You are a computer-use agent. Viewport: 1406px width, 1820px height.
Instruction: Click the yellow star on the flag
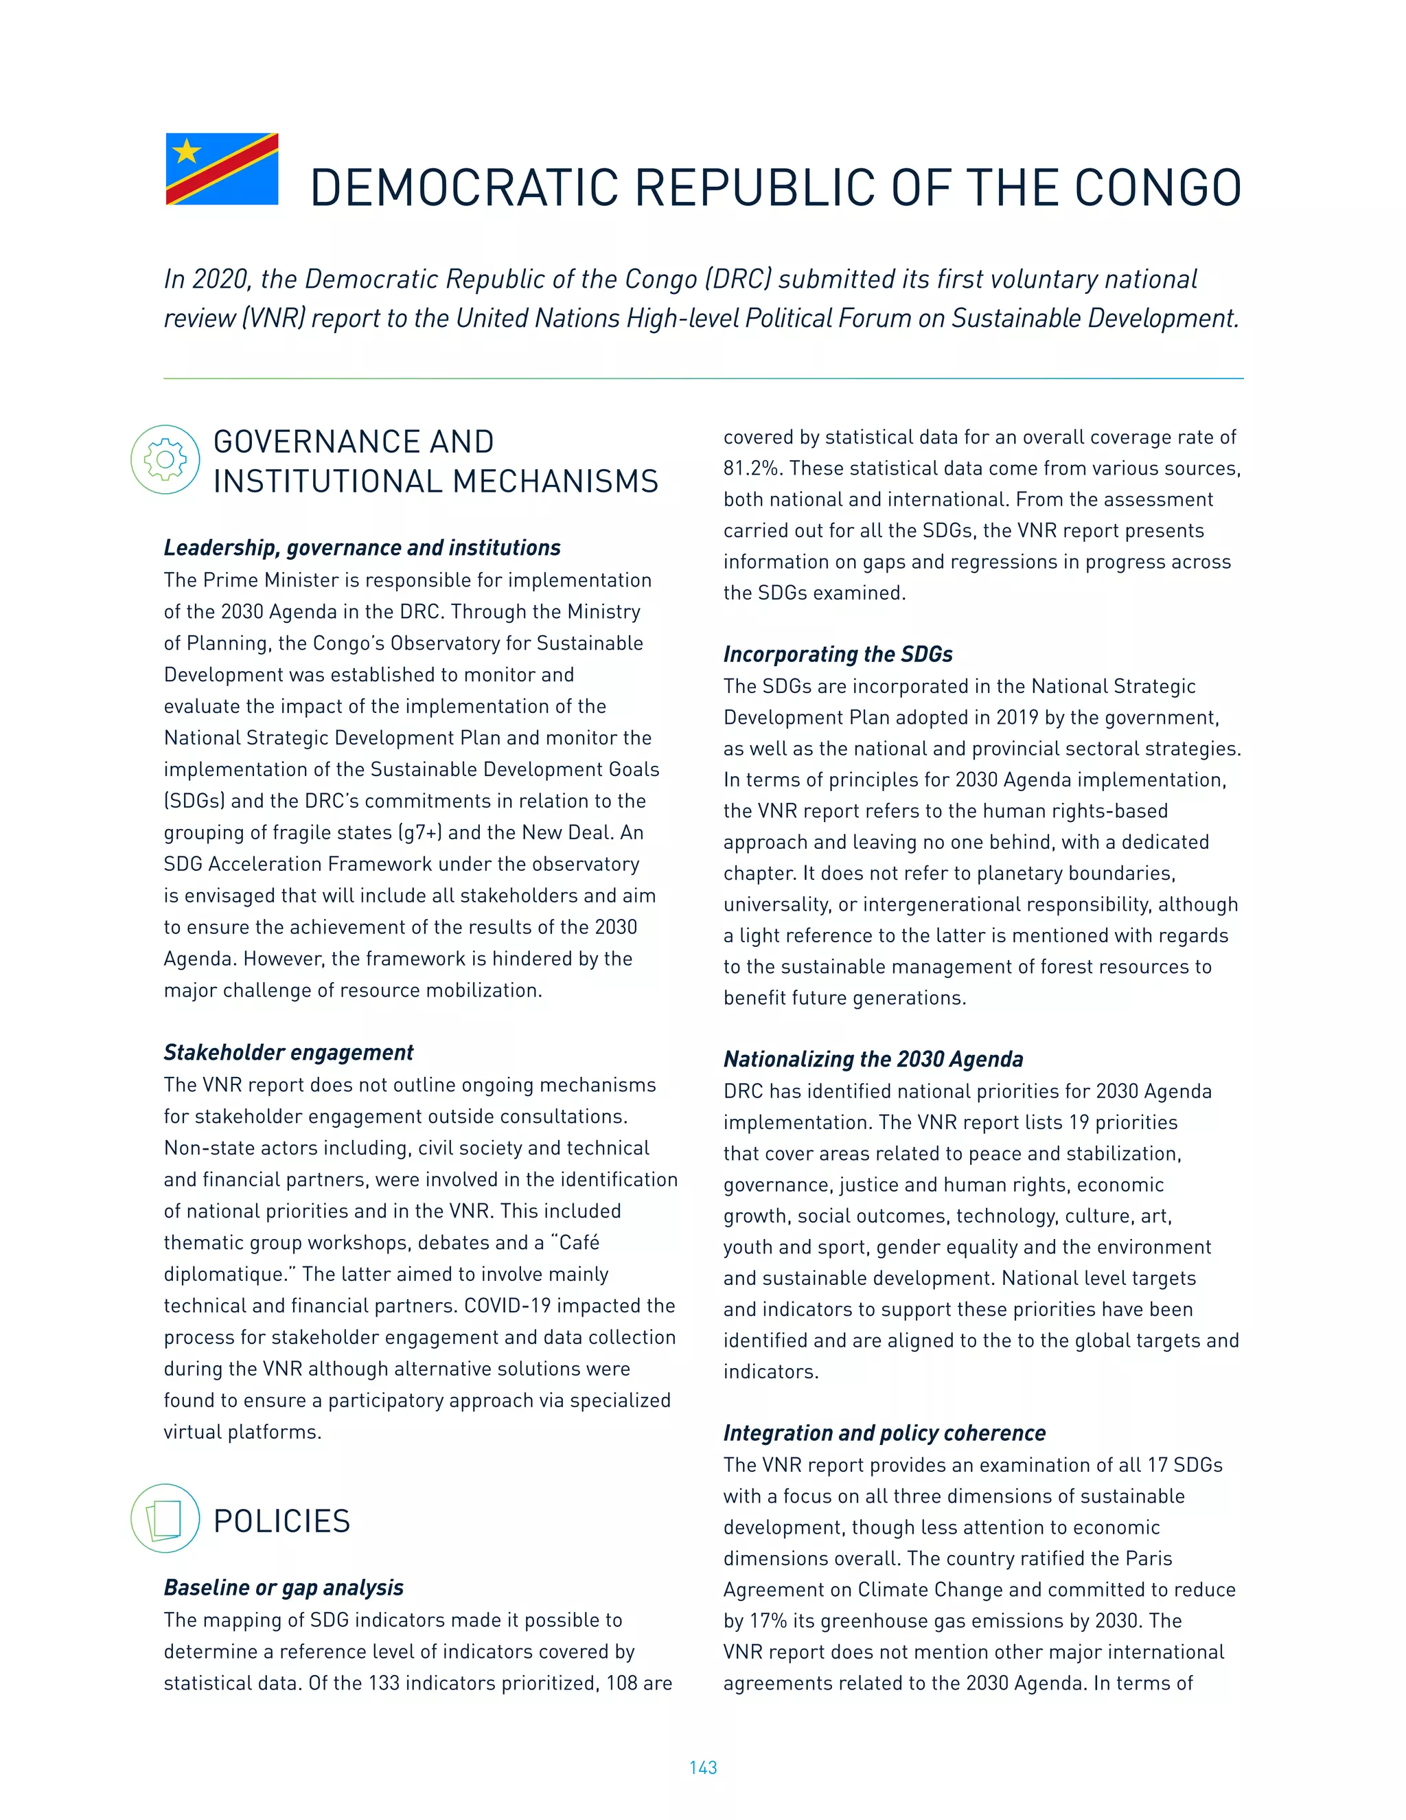(187, 152)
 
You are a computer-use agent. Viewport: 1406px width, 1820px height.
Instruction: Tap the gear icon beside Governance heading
(165, 459)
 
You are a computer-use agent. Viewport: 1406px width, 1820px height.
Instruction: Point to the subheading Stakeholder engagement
(288, 1052)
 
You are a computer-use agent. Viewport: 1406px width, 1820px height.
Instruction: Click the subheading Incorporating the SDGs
(837, 654)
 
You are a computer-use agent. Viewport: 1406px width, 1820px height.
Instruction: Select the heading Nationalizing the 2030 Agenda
(873, 1059)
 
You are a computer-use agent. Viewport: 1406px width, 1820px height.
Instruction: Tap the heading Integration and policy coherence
(884, 1433)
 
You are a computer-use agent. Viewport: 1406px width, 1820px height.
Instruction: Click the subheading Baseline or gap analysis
(284, 1587)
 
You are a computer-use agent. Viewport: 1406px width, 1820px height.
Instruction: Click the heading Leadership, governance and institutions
(362, 547)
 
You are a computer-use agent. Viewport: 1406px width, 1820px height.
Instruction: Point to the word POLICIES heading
(281, 1522)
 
